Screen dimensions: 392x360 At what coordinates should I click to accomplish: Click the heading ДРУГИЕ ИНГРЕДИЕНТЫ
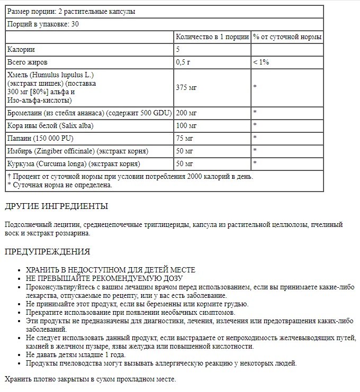click(x=56, y=206)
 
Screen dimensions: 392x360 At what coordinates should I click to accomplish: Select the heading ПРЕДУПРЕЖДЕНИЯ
click(x=47, y=251)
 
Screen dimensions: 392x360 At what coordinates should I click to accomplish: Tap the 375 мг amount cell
click(x=186, y=87)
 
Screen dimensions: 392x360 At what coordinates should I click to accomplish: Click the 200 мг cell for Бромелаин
click(x=186, y=113)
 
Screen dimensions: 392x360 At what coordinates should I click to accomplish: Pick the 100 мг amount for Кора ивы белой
click(x=186, y=125)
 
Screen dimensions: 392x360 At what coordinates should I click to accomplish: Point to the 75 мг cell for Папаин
click(x=184, y=138)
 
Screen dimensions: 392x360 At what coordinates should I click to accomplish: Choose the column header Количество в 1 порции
click(x=211, y=37)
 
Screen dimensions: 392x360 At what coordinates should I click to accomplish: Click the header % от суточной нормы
click(x=287, y=37)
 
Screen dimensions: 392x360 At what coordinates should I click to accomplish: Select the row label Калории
click(x=21, y=50)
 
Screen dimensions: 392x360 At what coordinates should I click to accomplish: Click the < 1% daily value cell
click(x=261, y=62)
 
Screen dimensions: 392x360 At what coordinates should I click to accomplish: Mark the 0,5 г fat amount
click(x=183, y=62)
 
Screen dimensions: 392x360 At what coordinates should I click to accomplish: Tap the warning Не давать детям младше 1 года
click(x=75, y=354)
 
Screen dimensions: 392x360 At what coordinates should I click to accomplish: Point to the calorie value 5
click(x=178, y=50)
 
